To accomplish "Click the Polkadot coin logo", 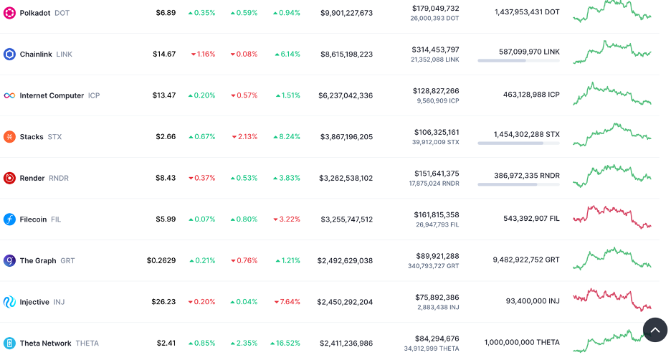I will tap(9, 13).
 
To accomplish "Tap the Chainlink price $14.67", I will tap(164, 55).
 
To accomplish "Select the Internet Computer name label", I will tap(52, 95).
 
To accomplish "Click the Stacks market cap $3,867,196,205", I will tap(346, 137).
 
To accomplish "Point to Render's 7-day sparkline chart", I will tap(611, 174).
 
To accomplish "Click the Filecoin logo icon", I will tap(9, 219).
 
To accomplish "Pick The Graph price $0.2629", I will tap(161, 261).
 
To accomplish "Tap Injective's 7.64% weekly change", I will tap(287, 302).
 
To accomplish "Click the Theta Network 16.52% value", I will tap(287, 344).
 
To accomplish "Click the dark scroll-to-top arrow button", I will tap(655, 329).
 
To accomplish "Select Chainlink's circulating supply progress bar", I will tap(518, 61).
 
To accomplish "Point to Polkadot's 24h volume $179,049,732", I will tap(435, 9).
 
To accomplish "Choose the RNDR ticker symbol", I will tap(59, 179).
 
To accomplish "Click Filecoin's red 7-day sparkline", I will tap(611, 216).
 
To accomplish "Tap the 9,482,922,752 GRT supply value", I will tap(525, 260).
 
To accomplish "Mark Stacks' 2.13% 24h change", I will tap(244, 137).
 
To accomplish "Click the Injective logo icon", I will tap(9, 302).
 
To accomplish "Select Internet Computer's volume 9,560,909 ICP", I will tap(438, 101).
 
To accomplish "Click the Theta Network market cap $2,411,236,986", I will tap(346, 344).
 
